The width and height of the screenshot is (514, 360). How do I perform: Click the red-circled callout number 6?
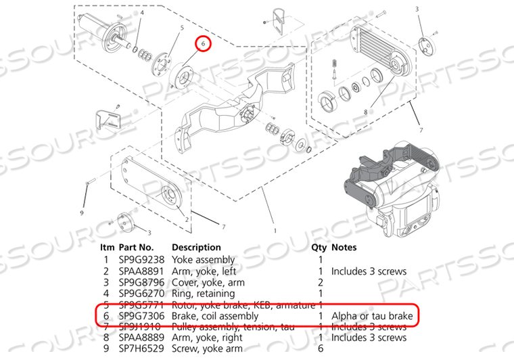[203, 43]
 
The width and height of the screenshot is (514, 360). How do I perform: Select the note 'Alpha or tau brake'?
[367, 316]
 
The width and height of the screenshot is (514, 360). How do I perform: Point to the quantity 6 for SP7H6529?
[319, 349]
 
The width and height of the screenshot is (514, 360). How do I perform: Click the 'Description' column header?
[196, 248]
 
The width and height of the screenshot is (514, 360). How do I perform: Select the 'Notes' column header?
[344, 248]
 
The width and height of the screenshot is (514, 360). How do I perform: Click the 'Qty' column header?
[319, 248]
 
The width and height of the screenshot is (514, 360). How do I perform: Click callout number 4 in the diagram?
[142, 12]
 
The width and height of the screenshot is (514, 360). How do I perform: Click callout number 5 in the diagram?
[182, 28]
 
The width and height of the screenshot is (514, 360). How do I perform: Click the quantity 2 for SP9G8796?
[319, 282]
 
